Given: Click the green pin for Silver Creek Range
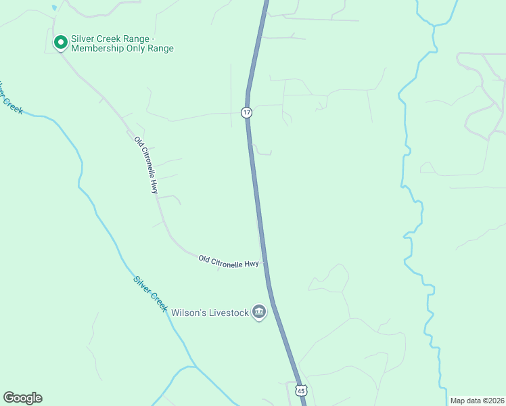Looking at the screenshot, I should tap(60, 42).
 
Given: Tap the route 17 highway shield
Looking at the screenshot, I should tap(247, 112).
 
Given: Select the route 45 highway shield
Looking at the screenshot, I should tap(301, 390).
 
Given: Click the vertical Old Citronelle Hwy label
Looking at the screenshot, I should tap(145, 165).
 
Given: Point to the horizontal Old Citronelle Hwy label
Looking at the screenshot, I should tap(229, 261).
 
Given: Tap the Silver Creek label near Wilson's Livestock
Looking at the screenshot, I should tap(150, 293).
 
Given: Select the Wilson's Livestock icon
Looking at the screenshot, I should tap(258, 312).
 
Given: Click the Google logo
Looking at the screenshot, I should tap(22, 398).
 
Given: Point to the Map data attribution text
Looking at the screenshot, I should tap(477, 401).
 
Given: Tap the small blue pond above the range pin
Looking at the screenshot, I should tap(53, 8).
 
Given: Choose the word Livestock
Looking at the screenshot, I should tap(227, 313).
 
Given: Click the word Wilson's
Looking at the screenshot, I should tap(187, 313).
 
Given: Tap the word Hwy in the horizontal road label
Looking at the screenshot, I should tap(251, 264).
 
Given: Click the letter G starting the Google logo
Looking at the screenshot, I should tap(9, 398).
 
